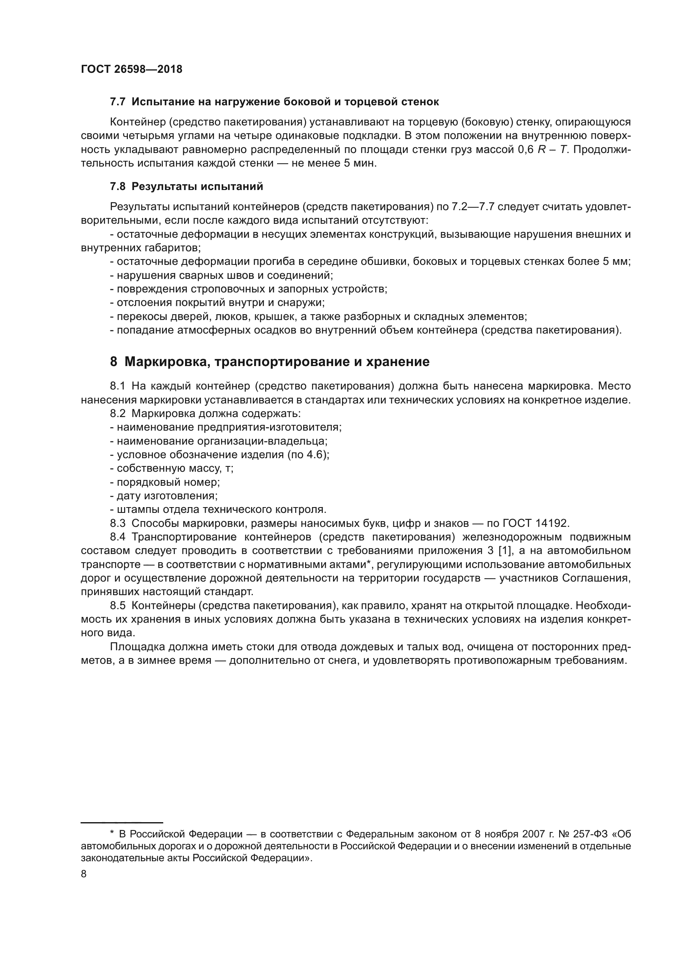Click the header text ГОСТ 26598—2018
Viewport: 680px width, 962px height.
pyautogui.click(x=132, y=70)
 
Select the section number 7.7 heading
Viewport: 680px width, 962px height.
pyautogui.click(x=118, y=102)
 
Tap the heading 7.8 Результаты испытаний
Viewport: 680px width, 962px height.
pyautogui.click(x=186, y=186)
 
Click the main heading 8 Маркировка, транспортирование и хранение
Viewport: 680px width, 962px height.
pyautogui.click(x=270, y=362)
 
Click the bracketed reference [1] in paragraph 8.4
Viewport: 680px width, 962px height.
pyautogui.click(x=505, y=551)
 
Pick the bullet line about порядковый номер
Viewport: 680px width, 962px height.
pyautogui.click(x=165, y=482)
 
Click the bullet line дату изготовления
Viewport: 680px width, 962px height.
pyautogui.click(x=164, y=496)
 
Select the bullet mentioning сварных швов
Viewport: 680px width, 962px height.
pyautogui.click(x=221, y=275)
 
